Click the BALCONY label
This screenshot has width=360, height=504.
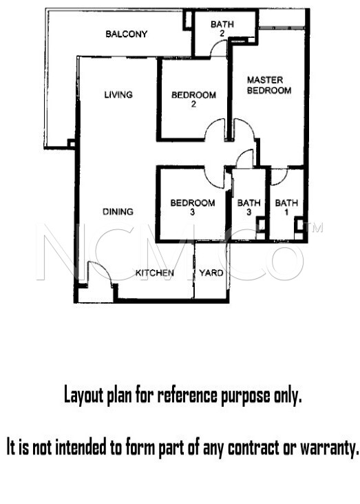click(x=127, y=34)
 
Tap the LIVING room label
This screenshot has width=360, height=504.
click(x=118, y=94)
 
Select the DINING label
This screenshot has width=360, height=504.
click(x=118, y=211)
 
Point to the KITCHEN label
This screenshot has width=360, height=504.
click(x=154, y=273)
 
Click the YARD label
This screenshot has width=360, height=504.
click(x=211, y=273)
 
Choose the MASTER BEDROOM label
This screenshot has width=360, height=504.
click(x=269, y=85)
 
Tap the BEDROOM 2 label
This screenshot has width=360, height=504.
click(x=193, y=99)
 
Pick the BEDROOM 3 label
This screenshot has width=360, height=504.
click(x=193, y=207)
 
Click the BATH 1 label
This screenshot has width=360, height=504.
click(x=286, y=207)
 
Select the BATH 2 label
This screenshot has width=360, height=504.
click(x=222, y=29)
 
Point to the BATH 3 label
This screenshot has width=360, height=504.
click(x=248, y=207)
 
